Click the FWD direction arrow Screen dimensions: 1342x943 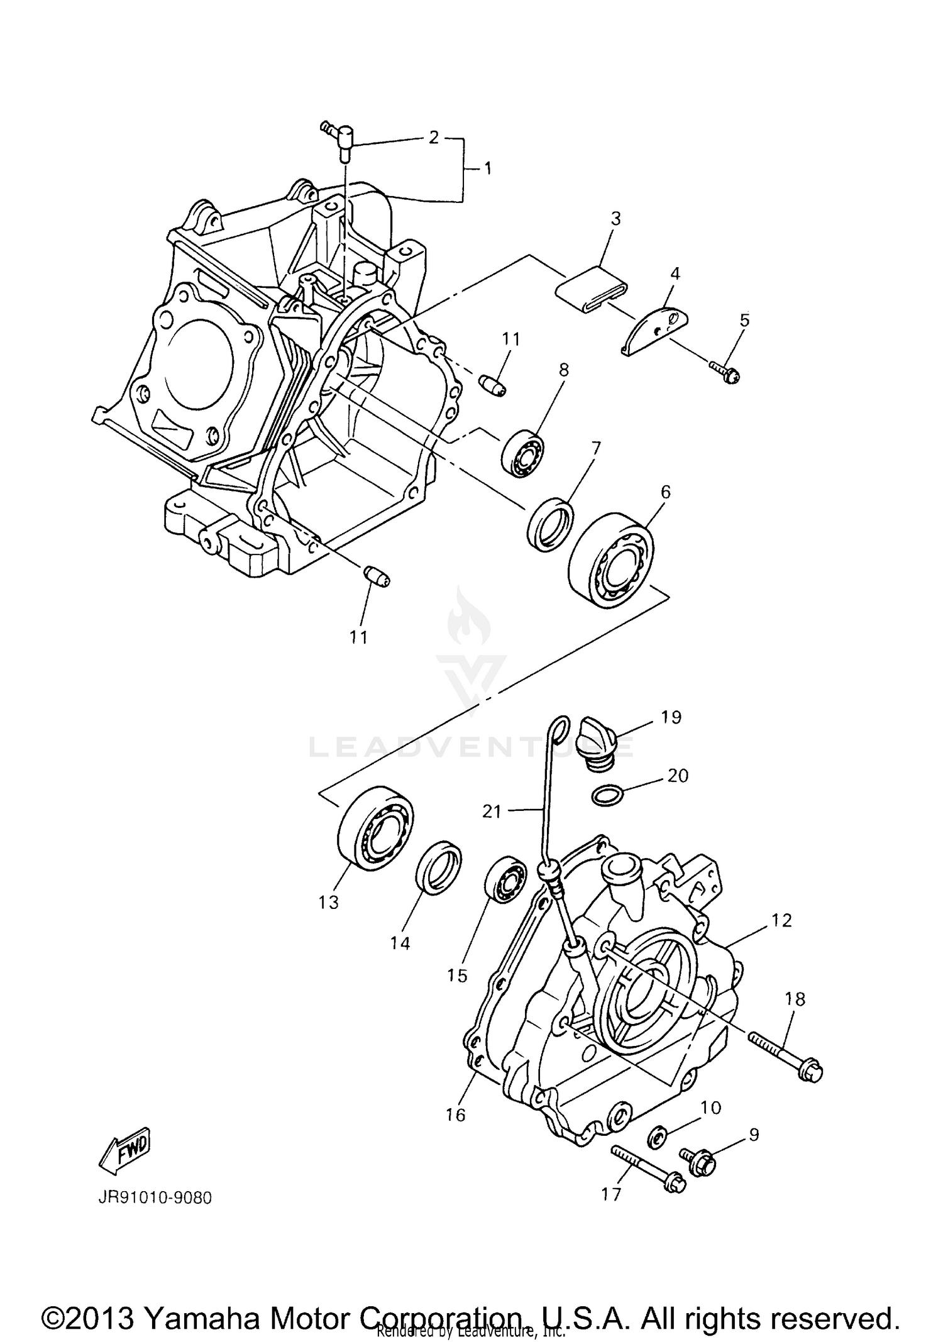[123, 1149]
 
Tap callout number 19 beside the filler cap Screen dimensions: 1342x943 [671, 717]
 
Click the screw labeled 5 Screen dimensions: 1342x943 [724, 371]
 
